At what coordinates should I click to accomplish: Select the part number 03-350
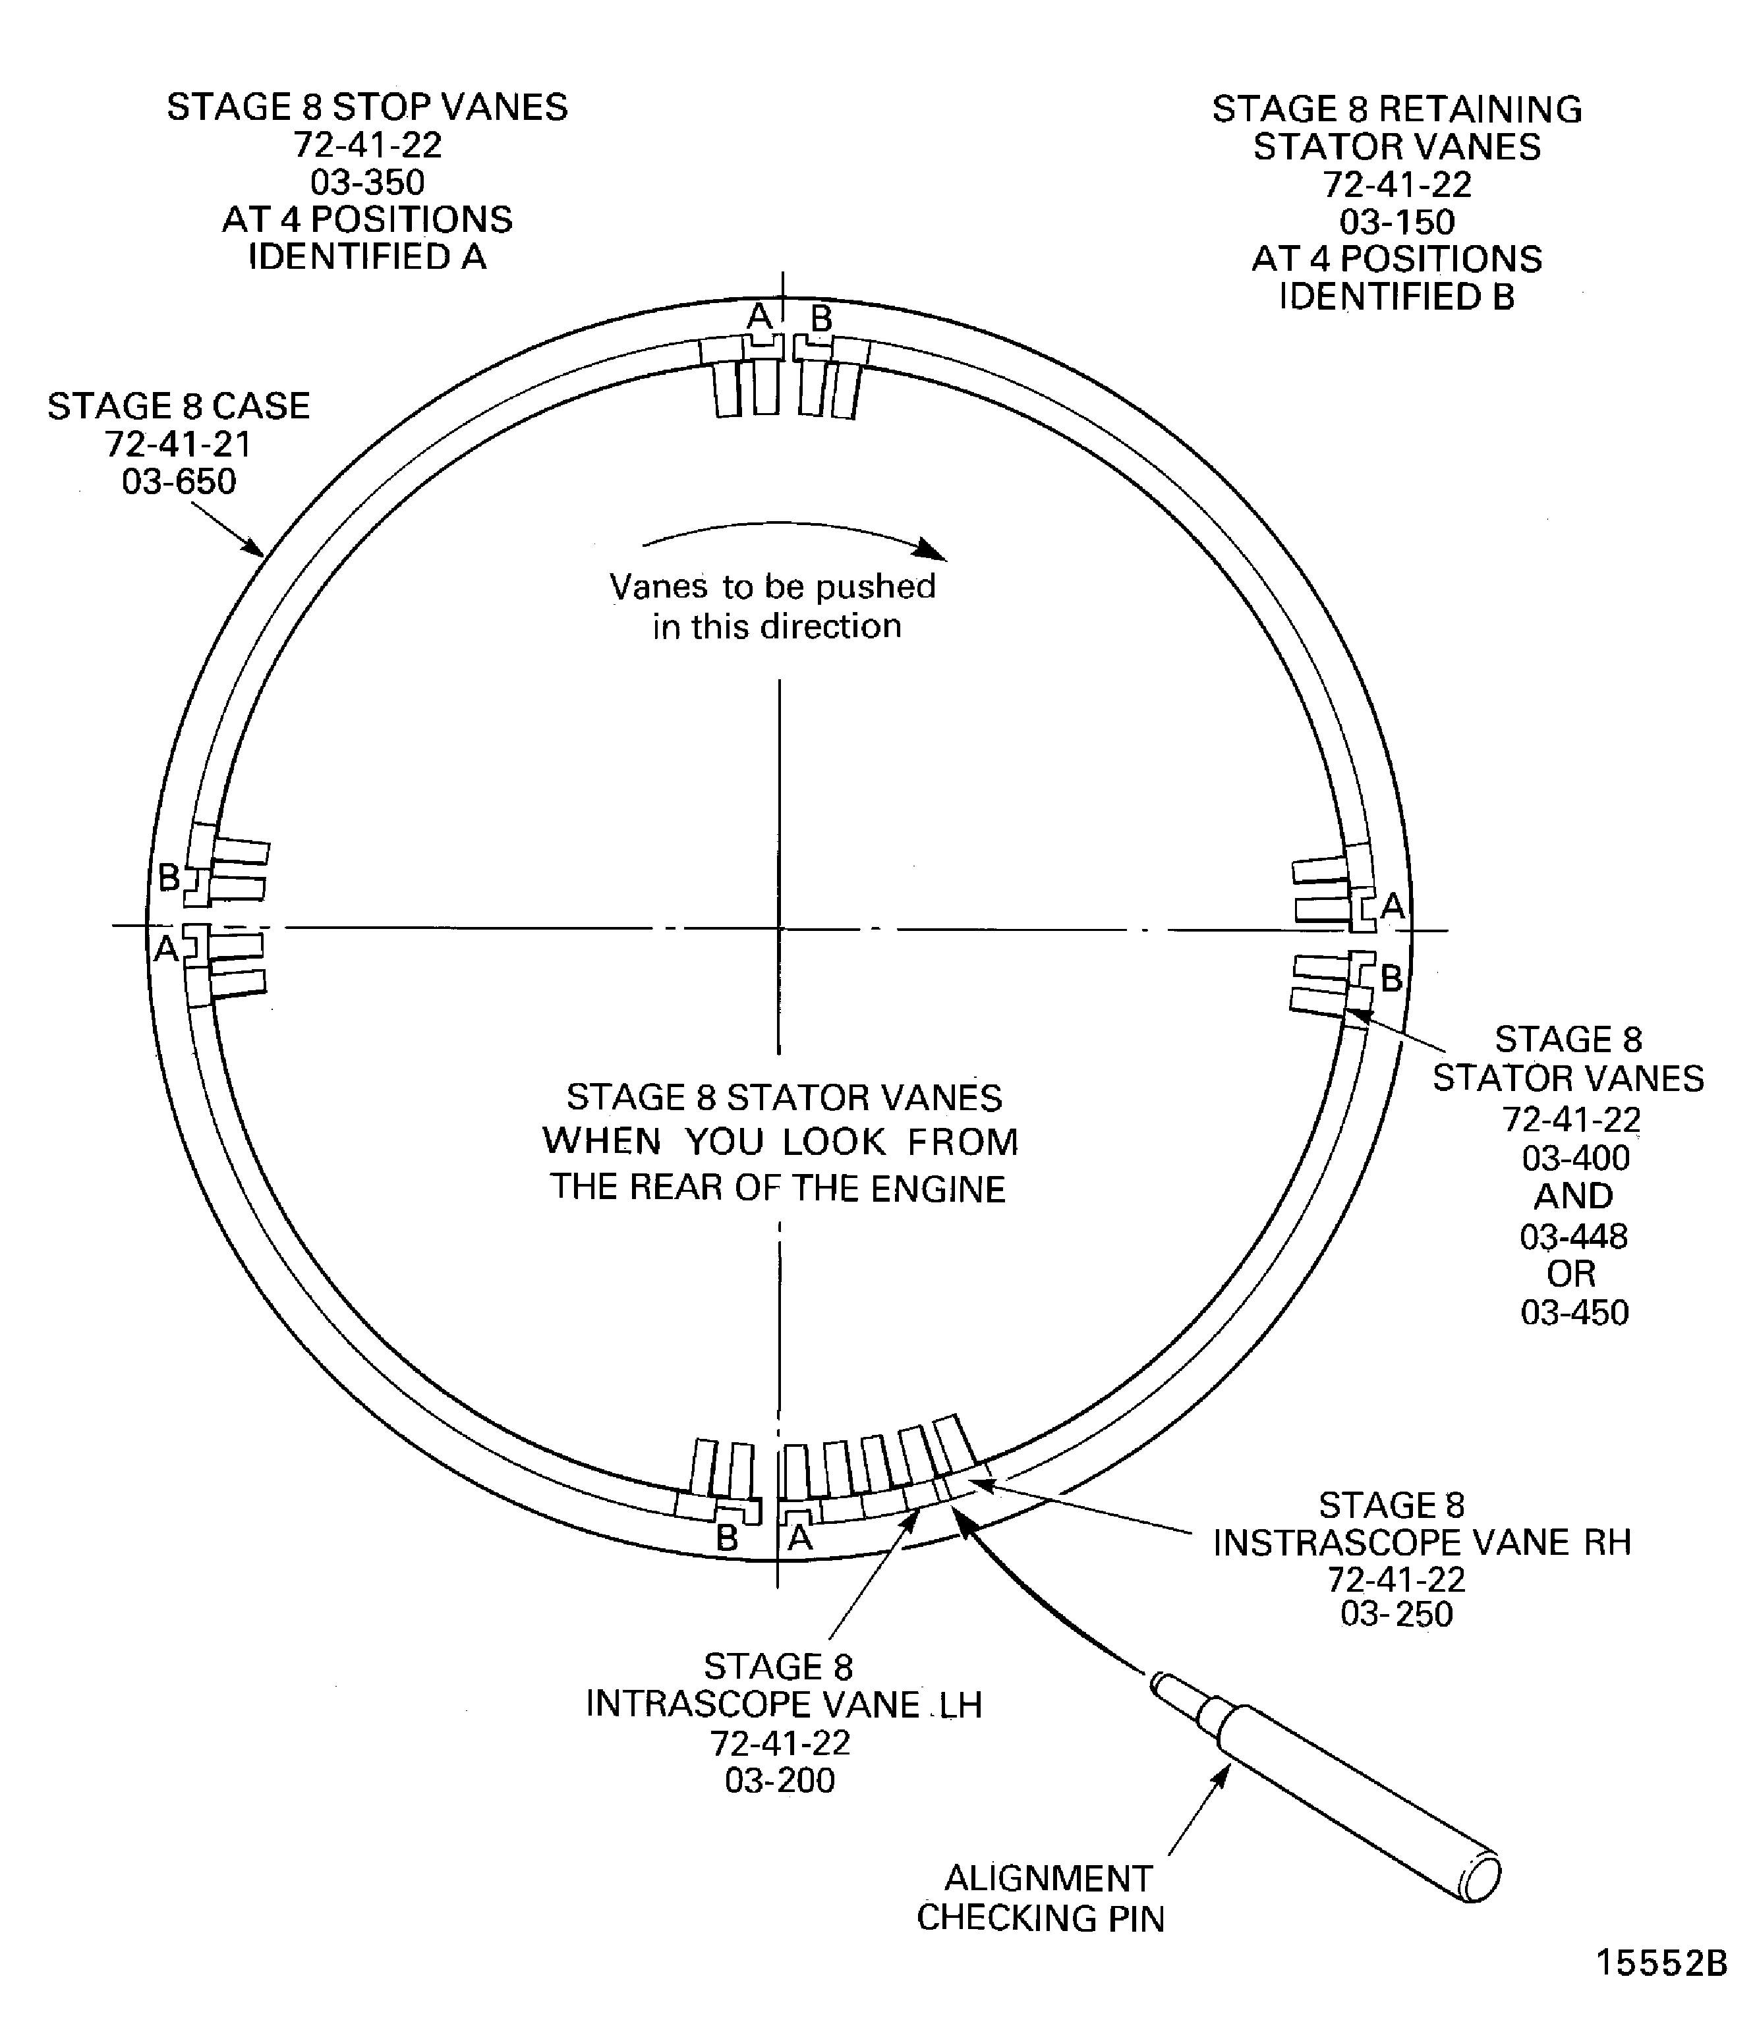coord(367,182)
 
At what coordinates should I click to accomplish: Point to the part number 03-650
coord(179,482)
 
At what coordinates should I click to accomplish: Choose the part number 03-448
coord(1574,1237)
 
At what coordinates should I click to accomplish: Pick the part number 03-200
coord(780,1780)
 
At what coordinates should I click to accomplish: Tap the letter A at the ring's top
coord(759,316)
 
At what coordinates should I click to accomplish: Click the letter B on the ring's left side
coord(169,878)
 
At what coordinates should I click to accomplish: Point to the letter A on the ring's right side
coord(1392,907)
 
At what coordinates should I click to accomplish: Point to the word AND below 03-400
coord(1573,1196)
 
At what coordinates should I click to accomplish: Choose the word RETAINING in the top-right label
coord(1480,109)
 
